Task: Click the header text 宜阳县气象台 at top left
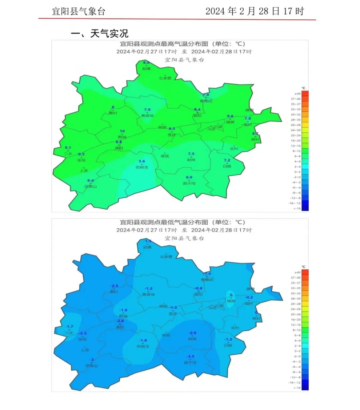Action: click(x=79, y=11)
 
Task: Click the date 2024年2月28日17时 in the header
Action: click(x=255, y=11)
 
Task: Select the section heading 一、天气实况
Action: click(x=100, y=33)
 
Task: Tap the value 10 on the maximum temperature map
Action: click(x=122, y=131)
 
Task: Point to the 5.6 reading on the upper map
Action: click(x=142, y=161)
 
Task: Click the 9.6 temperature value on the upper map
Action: click(x=230, y=116)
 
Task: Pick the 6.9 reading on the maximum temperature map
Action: click(x=189, y=178)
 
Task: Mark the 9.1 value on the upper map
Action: click(x=68, y=148)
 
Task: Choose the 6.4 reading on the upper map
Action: click(x=90, y=181)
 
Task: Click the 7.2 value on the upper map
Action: click(x=227, y=160)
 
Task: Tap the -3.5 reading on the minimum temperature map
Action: click(x=190, y=357)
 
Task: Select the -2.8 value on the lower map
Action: click(x=192, y=333)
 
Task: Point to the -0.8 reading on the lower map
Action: click(x=198, y=288)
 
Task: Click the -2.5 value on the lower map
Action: click(x=114, y=286)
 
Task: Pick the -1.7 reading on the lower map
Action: click(x=69, y=327)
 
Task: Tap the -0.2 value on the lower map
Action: click(x=249, y=297)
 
